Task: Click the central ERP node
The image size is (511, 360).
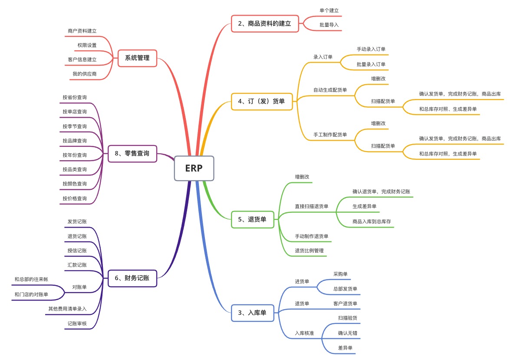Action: (194, 168)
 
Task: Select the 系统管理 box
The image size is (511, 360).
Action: (137, 58)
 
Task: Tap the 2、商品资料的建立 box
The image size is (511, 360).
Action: (265, 23)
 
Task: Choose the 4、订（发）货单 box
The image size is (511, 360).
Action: (262, 102)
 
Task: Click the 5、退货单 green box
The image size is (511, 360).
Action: (252, 219)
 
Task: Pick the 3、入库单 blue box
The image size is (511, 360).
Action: (252, 313)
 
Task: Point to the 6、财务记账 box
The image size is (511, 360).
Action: (132, 278)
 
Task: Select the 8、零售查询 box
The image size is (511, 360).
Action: (132, 154)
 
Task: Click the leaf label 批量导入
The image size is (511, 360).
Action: (329, 25)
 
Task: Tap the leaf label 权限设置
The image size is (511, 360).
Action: (87, 45)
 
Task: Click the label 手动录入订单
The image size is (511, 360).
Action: (371, 49)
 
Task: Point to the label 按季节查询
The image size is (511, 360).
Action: (75, 126)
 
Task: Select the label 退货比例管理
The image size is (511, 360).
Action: (309, 251)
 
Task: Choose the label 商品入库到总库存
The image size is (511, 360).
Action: (372, 222)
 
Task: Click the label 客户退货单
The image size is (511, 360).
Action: (345, 304)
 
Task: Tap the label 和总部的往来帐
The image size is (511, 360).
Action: (31, 280)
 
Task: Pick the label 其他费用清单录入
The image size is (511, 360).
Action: (67, 309)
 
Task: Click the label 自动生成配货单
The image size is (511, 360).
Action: (330, 90)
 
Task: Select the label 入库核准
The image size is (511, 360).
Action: (304, 333)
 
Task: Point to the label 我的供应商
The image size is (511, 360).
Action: (84, 74)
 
